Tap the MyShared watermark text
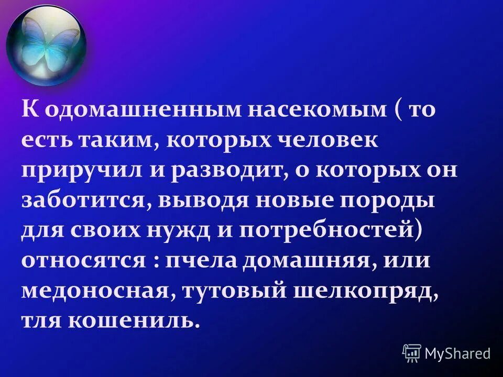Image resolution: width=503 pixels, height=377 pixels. tap(457, 353)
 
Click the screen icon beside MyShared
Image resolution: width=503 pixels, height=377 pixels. tap(412, 353)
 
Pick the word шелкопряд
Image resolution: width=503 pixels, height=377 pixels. tap(371, 291)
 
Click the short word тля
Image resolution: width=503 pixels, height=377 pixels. tap(41, 320)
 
